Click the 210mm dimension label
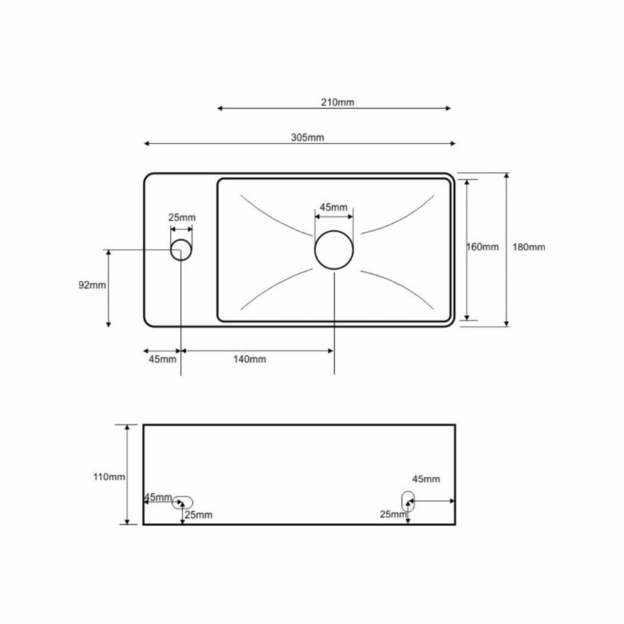pos(338,103)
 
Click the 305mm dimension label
pos(307,137)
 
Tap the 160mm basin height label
pos(483,248)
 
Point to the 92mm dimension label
pos(92,286)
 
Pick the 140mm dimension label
pos(250,359)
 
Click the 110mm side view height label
pos(110,476)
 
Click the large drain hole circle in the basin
pos(335,250)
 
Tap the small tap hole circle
pos(181,250)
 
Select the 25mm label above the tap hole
pos(182,217)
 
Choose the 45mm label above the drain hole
pos(333,207)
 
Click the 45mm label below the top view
pos(162,359)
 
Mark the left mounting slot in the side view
pos(183,501)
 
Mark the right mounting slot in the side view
pos(408,499)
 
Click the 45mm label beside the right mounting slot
pos(426,479)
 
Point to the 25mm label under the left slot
pos(199,514)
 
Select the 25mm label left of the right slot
pos(392,514)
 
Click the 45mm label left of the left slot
pos(157,497)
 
